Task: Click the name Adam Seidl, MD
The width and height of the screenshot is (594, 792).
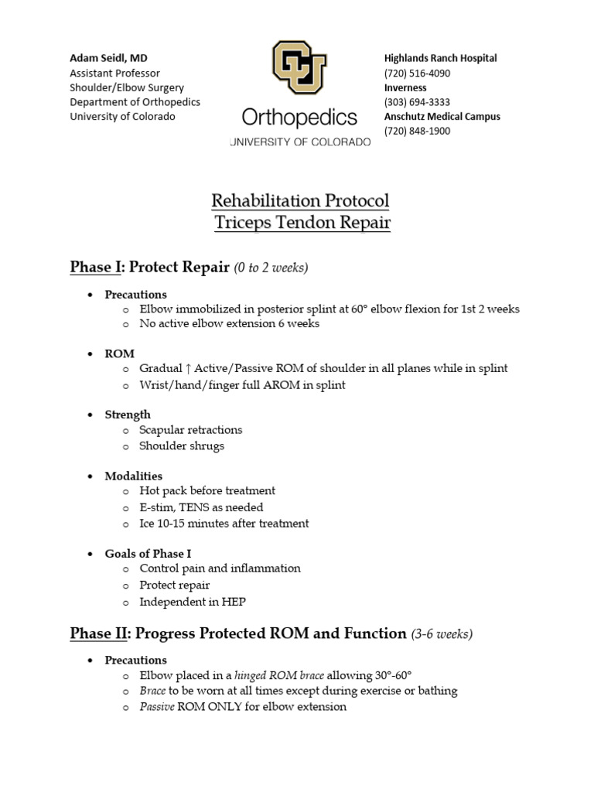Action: pyautogui.click(x=108, y=58)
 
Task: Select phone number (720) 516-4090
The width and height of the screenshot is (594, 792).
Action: pyautogui.click(x=417, y=73)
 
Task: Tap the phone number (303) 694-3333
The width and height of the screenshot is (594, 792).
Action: pyautogui.click(x=417, y=102)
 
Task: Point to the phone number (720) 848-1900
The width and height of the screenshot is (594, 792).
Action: pyautogui.click(x=417, y=131)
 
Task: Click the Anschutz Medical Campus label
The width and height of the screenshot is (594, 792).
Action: pyautogui.click(x=442, y=116)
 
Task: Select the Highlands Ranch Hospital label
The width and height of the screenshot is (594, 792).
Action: pyautogui.click(x=440, y=58)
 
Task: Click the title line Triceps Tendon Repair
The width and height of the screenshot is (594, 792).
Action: pyautogui.click(x=301, y=224)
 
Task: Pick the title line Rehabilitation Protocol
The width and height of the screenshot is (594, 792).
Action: pyautogui.click(x=301, y=201)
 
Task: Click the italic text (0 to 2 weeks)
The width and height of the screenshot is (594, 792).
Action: pyautogui.click(x=271, y=268)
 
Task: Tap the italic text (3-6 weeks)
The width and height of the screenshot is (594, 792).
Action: pyautogui.click(x=442, y=633)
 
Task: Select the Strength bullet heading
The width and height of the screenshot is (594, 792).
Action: pyautogui.click(x=128, y=415)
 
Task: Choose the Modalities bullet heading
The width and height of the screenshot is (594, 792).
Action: pyautogui.click(x=133, y=476)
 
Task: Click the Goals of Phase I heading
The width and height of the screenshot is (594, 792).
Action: pyautogui.click(x=148, y=553)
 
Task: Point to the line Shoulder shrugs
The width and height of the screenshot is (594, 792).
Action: pyautogui.click(x=182, y=445)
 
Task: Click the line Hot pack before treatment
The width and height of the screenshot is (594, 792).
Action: pyautogui.click(x=207, y=490)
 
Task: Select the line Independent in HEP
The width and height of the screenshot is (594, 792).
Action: pyautogui.click(x=193, y=601)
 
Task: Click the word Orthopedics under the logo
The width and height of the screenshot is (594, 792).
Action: pyautogui.click(x=299, y=118)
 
